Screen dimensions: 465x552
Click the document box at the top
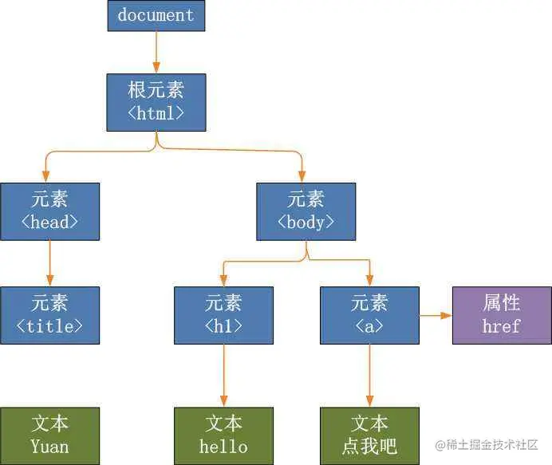click(156, 15)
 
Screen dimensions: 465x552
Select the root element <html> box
click(156, 102)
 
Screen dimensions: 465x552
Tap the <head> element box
click(50, 211)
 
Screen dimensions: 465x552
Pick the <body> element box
click(306, 211)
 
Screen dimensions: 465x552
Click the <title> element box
click(50, 315)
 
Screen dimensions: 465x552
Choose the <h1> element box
click(223, 315)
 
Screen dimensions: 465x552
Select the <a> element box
click(369, 315)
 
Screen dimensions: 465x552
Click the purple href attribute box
click(502, 315)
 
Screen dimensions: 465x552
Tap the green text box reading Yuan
click(50, 435)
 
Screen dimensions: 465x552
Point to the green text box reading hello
click(223, 435)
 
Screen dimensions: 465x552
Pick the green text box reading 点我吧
click(369, 435)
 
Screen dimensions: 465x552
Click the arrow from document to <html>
click(156, 52)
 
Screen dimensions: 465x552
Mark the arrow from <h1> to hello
click(223, 375)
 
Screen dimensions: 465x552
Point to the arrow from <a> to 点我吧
click(369, 375)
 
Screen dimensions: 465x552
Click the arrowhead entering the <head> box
click(46, 176)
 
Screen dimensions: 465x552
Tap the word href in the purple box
click(502, 325)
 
